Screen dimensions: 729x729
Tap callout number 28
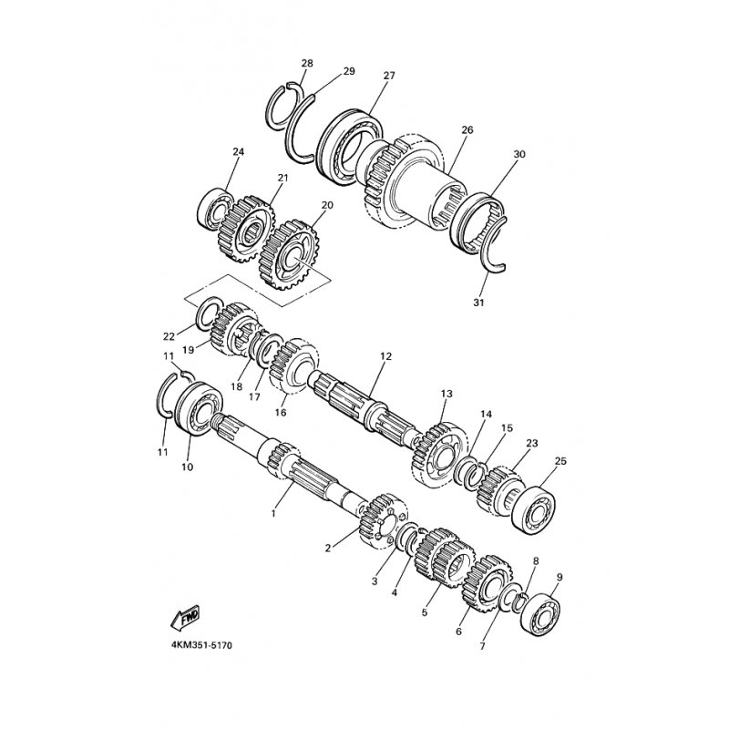coord(307,63)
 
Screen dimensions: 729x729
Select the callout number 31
coord(479,303)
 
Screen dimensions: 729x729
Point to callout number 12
coord(385,356)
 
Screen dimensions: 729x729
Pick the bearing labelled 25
coord(533,510)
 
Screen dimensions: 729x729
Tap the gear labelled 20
coord(287,255)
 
